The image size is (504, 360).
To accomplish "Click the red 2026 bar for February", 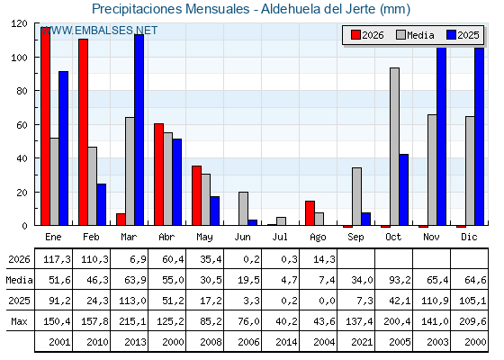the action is tap(83, 131).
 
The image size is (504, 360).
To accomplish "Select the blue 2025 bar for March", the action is tap(139, 130).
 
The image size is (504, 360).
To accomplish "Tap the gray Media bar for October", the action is tap(395, 146).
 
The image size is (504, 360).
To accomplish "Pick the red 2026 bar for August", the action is tap(310, 212).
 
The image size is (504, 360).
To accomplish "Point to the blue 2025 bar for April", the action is tap(177, 182).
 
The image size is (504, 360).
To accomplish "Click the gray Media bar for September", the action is tap(356, 196).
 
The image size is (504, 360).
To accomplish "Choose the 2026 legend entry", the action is tap(367, 35).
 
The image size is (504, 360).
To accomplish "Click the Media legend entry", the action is tap(415, 35).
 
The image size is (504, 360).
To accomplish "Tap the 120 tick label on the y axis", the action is tap(19, 23).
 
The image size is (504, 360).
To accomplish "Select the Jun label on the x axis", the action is tap(242, 237).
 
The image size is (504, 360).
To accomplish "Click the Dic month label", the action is tap(469, 237).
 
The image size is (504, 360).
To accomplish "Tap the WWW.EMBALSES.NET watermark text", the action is tap(99, 31).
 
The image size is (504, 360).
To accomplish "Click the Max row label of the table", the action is tap(19, 321).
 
